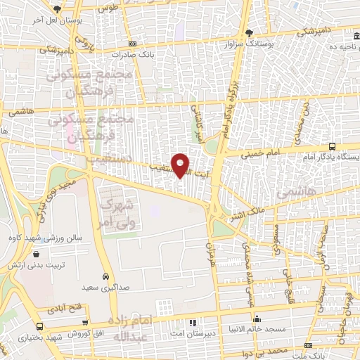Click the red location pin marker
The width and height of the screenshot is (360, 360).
(x=181, y=165)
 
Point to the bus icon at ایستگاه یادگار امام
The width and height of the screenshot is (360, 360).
(x=331, y=147)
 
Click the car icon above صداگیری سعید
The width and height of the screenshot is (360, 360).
(x=105, y=276)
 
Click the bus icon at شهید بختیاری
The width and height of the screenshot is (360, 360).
(x=39, y=327)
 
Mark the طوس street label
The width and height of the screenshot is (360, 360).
(x=107, y=9)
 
